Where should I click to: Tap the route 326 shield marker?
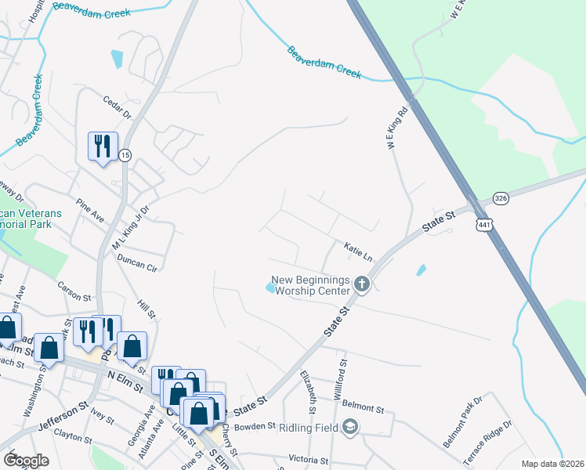(501, 199)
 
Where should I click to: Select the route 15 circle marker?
(125, 155)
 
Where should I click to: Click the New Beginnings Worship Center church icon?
(361, 283)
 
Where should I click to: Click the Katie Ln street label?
(357, 251)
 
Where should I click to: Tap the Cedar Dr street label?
(117, 107)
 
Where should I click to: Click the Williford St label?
(340, 379)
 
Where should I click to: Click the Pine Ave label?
(90, 212)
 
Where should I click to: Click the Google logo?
(26, 461)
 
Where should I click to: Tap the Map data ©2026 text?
(552, 464)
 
